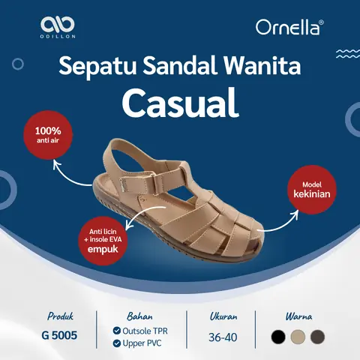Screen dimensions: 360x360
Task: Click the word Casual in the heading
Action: [179, 103]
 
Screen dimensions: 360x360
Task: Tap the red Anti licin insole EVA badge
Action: [105, 240]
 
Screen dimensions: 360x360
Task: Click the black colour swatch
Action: [279, 337]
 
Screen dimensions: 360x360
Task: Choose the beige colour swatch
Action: [298, 337]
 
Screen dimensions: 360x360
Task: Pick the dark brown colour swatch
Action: [317, 337]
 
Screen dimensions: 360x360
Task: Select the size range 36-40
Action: [223, 337]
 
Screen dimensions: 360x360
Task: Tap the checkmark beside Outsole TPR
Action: [116, 330]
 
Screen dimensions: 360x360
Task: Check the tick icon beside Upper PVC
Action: [116, 343]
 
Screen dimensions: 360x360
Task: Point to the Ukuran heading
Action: [223, 316]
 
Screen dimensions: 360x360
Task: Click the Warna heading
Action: [298, 316]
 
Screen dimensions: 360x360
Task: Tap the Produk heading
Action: [60, 316]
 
